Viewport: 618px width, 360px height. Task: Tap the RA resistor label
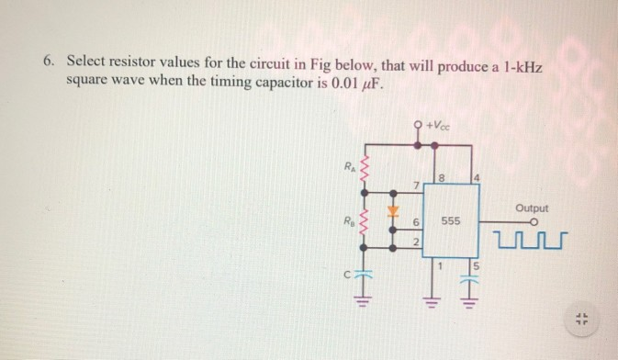348,166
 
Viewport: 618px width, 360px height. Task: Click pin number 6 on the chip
417,222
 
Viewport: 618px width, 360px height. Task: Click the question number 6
48,62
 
